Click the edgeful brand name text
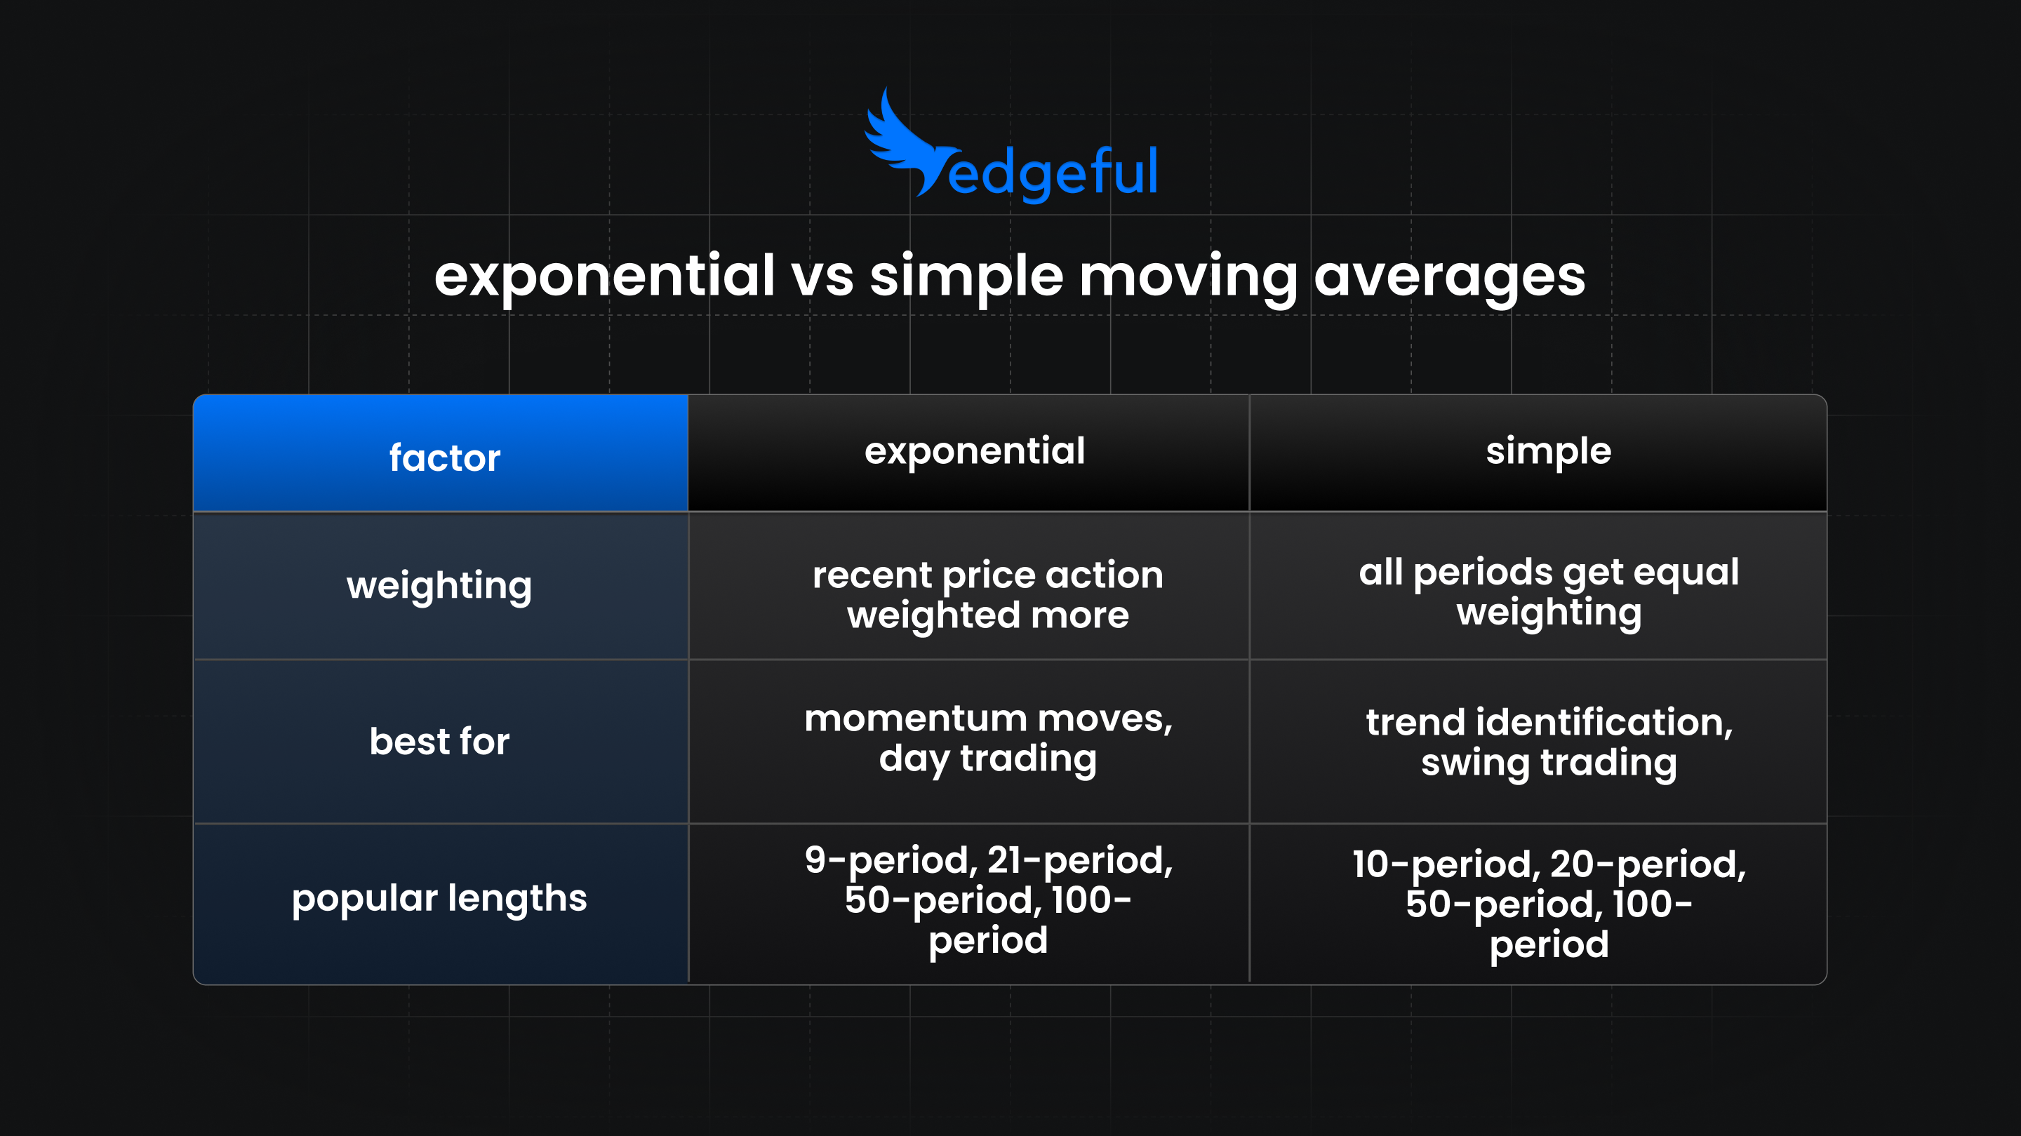point(1053,173)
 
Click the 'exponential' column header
point(975,451)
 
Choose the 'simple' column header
point(1548,451)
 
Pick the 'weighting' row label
point(439,585)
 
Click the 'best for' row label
point(439,742)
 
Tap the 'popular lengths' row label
point(439,897)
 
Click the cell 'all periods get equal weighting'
point(1549,592)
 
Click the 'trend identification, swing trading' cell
point(1549,742)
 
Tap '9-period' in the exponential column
point(890,861)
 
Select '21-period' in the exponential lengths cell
point(1079,861)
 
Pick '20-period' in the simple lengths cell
point(1648,864)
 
